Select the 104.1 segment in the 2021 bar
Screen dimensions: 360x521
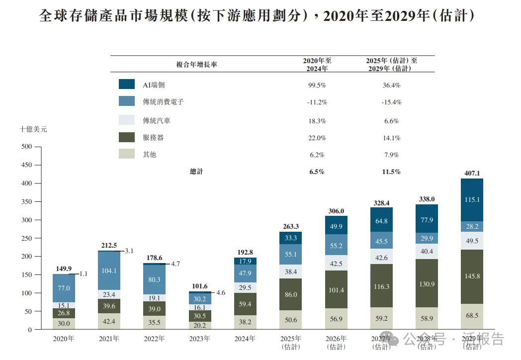click(x=109, y=271)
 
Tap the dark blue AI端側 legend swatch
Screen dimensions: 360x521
click(x=127, y=85)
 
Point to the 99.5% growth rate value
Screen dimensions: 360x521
click(x=317, y=85)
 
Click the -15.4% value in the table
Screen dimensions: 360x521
click(x=391, y=102)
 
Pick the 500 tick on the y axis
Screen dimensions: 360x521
click(x=26, y=147)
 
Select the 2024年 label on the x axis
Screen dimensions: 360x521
click(x=245, y=339)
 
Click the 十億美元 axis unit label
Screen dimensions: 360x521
click(x=33, y=129)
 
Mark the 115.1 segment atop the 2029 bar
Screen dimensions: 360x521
click(x=472, y=199)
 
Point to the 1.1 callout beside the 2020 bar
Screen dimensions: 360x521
click(x=83, y=273)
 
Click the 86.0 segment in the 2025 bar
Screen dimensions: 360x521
click(x=290, y=295)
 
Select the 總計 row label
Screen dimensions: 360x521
click(x=196, y=172)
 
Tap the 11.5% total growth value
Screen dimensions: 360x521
click(x=391, y=172)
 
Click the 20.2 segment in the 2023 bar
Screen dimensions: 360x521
click(x=200, y=326)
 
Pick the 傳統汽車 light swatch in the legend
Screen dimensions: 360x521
click(x=127, y=120)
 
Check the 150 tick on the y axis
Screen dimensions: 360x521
click(x=26, y=275)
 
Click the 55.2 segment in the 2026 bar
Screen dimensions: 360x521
click(x=337, y=246)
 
